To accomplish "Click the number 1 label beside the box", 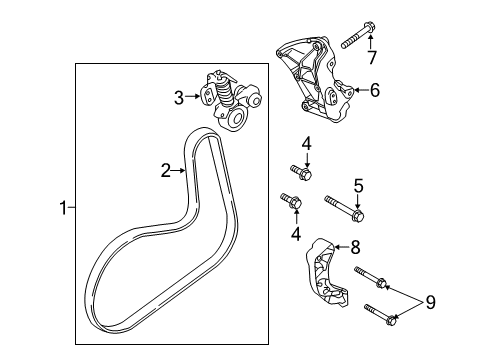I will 62,208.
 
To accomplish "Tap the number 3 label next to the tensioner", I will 179,97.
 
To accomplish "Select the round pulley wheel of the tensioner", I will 239,120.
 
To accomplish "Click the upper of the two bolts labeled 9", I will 369,276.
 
